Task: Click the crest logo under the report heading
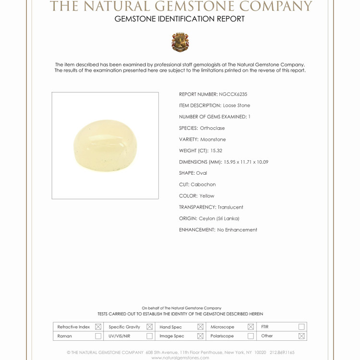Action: click(x=180, y=42)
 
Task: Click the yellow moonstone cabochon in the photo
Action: click(x=105, y=145)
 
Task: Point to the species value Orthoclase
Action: click(x=212, y=128)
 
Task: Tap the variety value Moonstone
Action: click(x=213, y=140)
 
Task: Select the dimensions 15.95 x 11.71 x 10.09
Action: click(x=246, y=162)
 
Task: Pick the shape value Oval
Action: click(x=202, y=173)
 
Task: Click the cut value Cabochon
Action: click(x=203, y=185)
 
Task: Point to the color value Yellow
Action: click(x=207, y=196)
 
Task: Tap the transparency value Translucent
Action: click(x=230, y=207)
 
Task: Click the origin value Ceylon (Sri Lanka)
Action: click(x=219, y=218)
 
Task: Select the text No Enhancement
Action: click(x=237, y=230)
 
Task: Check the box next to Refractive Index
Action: click(x=98, y=327)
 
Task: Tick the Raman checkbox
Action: click(x=98, y=336)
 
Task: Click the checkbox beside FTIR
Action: click(x=301, y=327)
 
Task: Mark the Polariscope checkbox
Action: click(x=251, y=336)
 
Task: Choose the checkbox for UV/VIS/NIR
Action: click(x=150, y=336)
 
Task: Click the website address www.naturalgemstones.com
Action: click(x=180, y=358)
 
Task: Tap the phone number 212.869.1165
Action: click(x=282, y=352)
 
